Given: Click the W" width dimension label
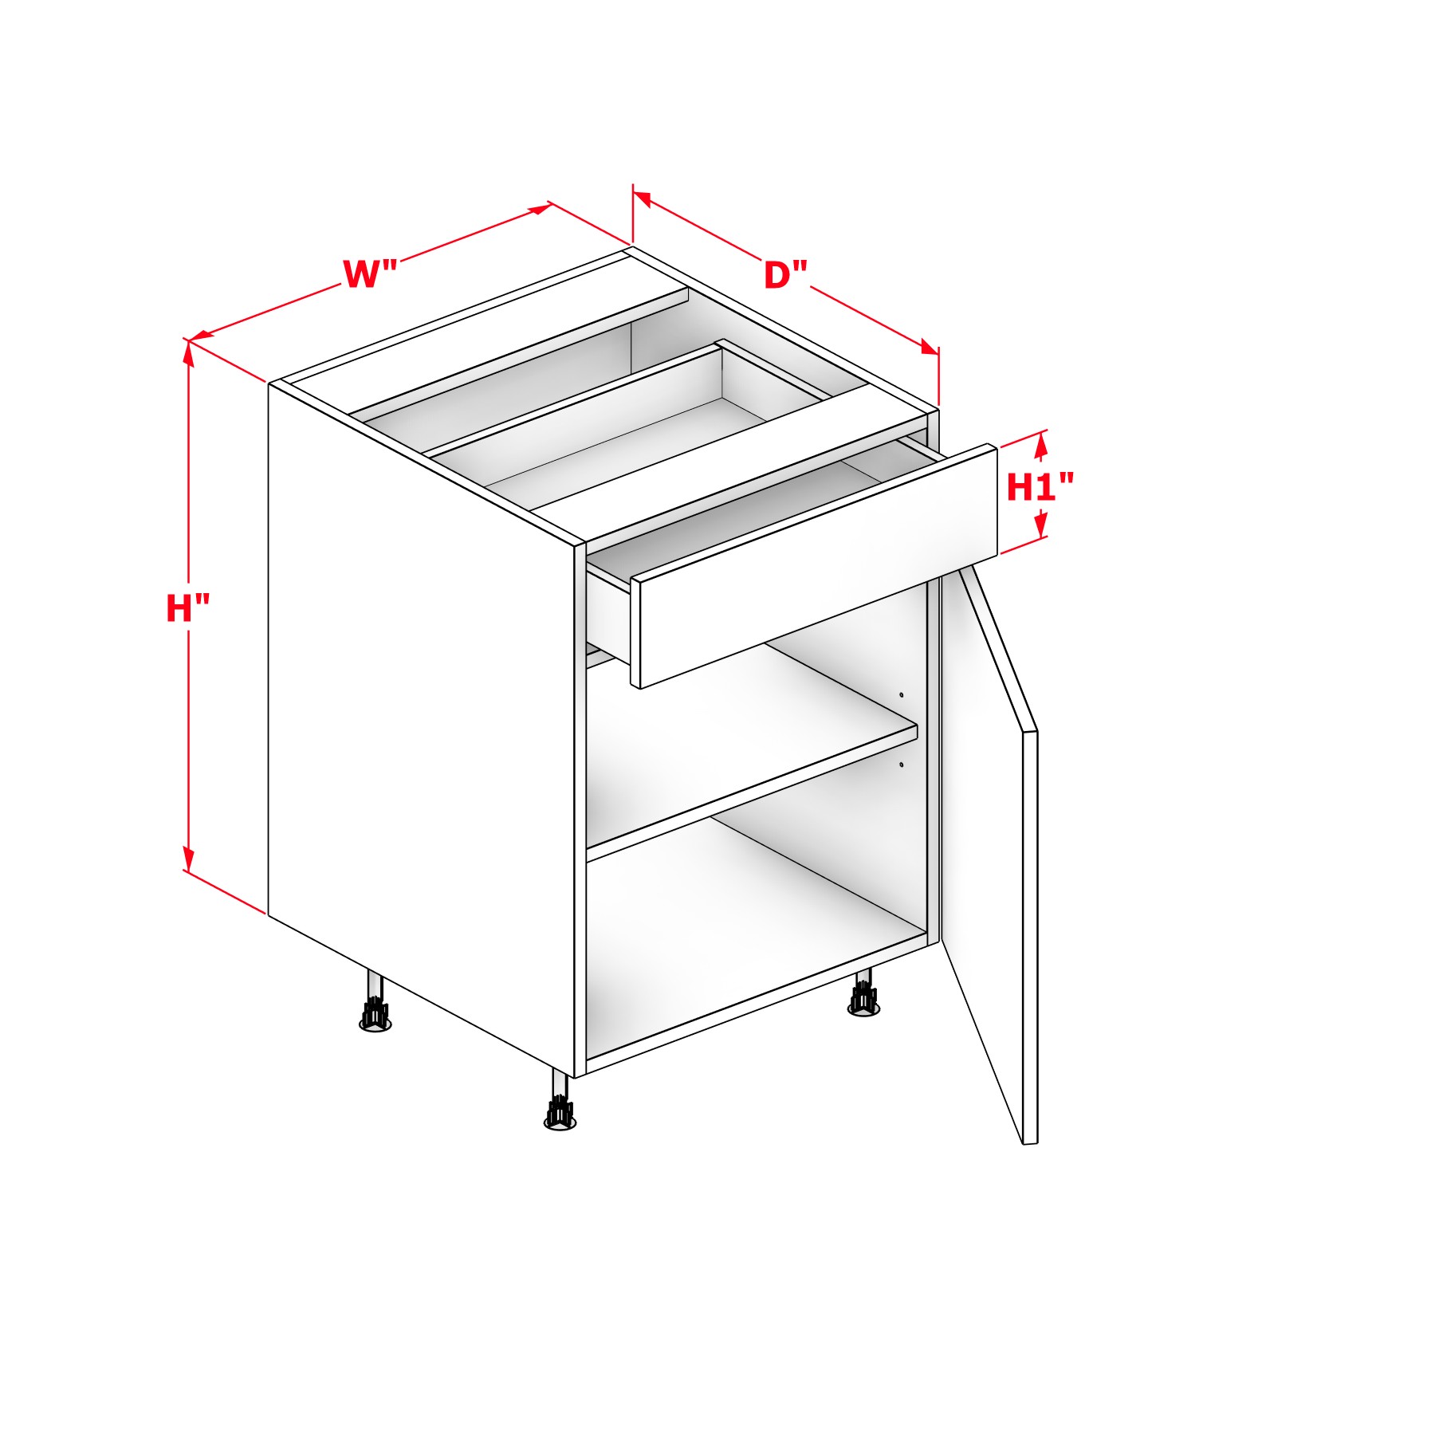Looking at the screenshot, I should point(370,274).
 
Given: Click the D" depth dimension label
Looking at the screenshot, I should point(785,276).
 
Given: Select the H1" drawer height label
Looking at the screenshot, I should point(1040,487).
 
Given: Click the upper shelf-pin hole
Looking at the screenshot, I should point(902,695).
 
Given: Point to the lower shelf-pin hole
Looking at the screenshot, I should point(902,765).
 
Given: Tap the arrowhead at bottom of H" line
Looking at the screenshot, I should point(189,859).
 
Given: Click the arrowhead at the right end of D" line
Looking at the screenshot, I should point(929,348).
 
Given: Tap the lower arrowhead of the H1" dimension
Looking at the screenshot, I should point(1040,526).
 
